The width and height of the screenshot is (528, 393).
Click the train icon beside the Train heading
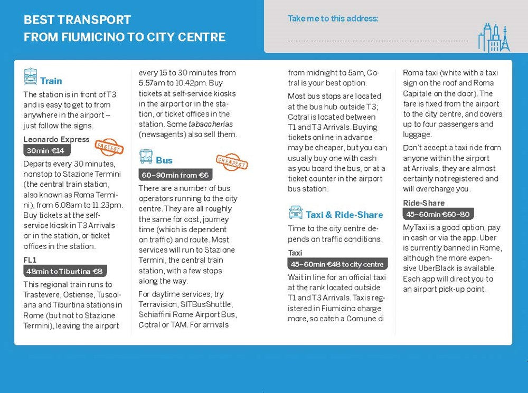[x=31, y=77]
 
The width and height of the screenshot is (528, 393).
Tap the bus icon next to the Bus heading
[x=146, y=157]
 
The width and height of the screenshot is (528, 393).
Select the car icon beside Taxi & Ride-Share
[x=295, y=213]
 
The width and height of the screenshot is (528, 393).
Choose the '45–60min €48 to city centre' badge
[x=337, y=264]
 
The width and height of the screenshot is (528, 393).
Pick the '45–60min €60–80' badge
[x=438, y=214]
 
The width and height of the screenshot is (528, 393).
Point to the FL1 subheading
[x=31, y=260]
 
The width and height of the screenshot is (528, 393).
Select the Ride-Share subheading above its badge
[x=423, y=203]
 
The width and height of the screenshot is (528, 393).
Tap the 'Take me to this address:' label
[x=333, y=18]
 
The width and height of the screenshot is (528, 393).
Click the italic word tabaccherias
[x=211, y=124]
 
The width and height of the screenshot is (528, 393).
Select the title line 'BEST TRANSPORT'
[x=77, y=20]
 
